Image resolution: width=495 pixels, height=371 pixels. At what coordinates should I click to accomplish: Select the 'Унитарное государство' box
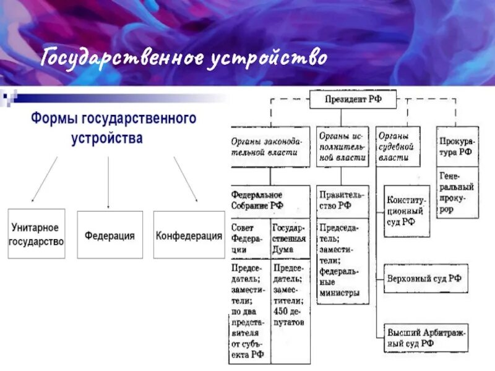point(36,235)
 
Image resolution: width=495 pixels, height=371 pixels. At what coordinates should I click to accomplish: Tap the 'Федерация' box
point(110,235)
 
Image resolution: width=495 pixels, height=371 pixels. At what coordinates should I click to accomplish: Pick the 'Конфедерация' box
point(189,235)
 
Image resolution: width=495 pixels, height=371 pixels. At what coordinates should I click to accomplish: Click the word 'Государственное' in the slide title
point(122,59)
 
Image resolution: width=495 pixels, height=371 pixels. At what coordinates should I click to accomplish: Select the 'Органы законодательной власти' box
point(270,146)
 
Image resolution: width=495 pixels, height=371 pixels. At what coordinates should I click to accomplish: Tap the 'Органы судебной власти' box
point(397,146)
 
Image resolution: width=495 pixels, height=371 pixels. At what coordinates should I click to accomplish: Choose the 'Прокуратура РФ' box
point(457,146)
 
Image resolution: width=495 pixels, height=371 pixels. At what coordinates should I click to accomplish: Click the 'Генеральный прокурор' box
point(457,192)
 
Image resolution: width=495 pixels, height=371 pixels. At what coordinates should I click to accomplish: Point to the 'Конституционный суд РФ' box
point(407,211)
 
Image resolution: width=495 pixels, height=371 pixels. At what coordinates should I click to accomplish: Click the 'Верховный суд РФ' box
point(426,278)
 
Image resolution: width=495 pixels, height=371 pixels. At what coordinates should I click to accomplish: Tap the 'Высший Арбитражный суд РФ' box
point(426,337)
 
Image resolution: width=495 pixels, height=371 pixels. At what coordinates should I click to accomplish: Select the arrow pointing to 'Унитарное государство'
point(43,179)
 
